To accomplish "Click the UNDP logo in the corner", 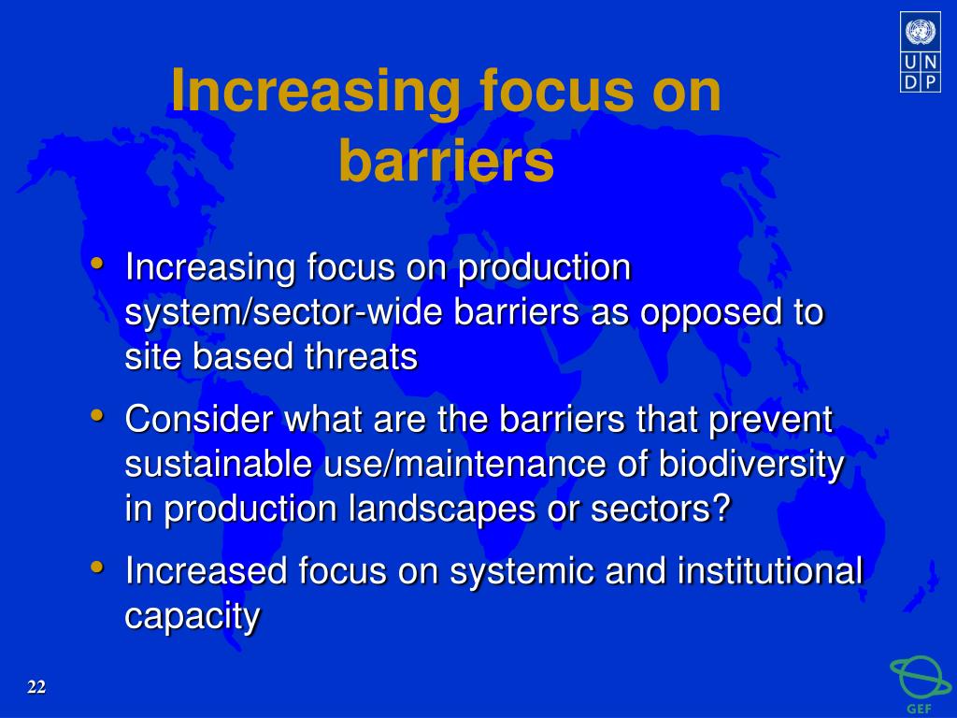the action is [x=921, y=52].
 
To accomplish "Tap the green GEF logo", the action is [x=921, y=683].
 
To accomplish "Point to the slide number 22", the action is [x=36, y=687].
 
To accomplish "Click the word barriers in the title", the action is [x=446, y=161].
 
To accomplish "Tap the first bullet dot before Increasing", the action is [x=96, y=264].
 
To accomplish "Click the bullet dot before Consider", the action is [x=96, y=415].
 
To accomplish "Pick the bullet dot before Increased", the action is [x=96, y=567].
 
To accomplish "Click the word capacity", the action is [x=193, y=617].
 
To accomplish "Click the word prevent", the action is [x=771, y=421].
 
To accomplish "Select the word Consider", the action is [x=199, y=419].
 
